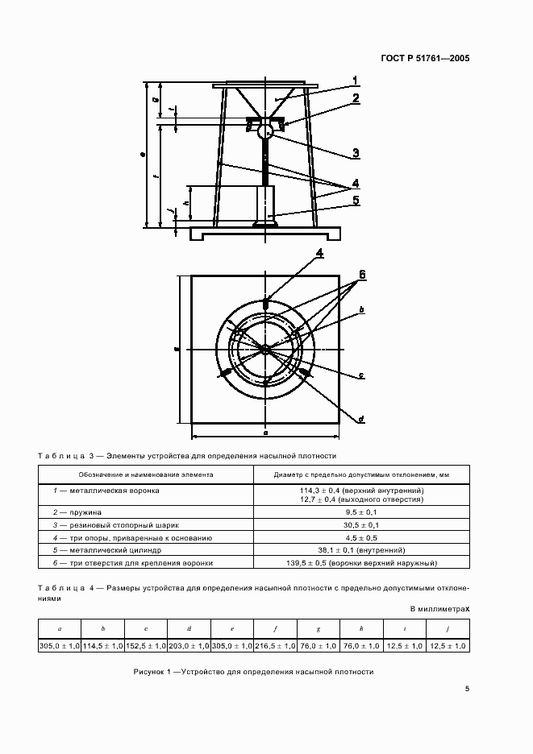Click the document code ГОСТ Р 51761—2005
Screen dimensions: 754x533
click(424, 58)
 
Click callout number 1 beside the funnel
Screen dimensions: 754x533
click(354, 80)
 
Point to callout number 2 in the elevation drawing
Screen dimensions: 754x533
click(354, 99)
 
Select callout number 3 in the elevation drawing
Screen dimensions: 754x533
click(354, 153)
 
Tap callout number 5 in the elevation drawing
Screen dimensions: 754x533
click(354, 200)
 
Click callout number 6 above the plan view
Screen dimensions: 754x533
click(362, 275)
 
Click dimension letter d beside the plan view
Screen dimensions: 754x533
click(361, 419)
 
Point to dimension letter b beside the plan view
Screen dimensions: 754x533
click(361, 309)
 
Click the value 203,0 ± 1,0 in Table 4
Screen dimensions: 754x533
click(189, 646)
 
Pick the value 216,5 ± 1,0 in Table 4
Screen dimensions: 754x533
click(276, 646)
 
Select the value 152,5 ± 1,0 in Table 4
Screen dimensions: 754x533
click(145, 646)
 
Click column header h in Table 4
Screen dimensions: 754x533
click(362, 628)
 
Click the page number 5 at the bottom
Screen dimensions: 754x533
click(466, 688)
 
